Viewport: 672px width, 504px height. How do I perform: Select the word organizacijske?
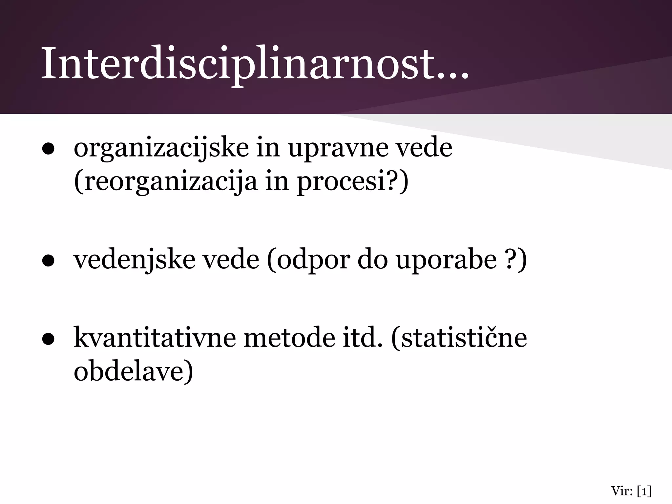click(x=161, y=148)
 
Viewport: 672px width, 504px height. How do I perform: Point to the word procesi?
click(x=341, y=182)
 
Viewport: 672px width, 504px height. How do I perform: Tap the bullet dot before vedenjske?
click(x=48, y=261)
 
